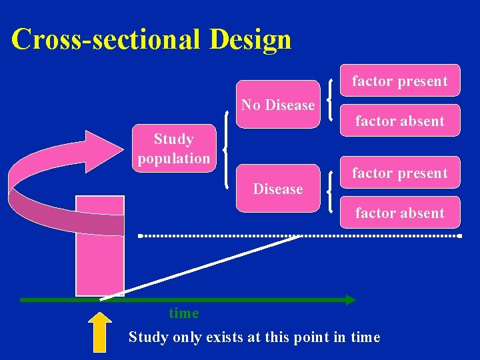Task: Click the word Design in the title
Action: click(250, 39)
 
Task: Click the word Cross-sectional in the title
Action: click(106, 39)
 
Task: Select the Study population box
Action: click(173, 149)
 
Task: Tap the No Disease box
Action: click(278, 105)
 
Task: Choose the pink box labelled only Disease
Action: click(278, 189)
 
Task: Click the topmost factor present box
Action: click(399, 81)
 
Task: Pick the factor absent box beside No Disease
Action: click(399, 121)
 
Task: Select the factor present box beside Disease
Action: click(399, 173)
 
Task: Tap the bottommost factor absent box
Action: click(399, 213)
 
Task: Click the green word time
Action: click(183, 313)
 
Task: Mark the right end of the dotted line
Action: click(459, 236)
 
